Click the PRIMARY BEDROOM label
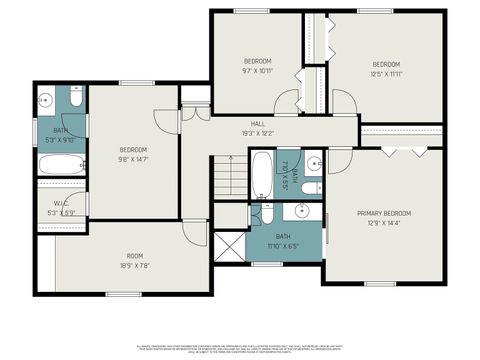(384, 213)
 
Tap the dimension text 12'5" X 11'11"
(385, 73)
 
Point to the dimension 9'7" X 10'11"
(256, 71)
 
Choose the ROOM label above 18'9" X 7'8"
(133, 255)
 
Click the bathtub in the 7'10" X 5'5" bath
(260, 175)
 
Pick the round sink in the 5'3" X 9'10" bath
(46, 100)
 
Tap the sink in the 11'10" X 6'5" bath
(300, 212)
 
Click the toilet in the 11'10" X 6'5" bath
(266, 212)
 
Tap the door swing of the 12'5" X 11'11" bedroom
(343, 102)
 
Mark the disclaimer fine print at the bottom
(240, 346)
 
